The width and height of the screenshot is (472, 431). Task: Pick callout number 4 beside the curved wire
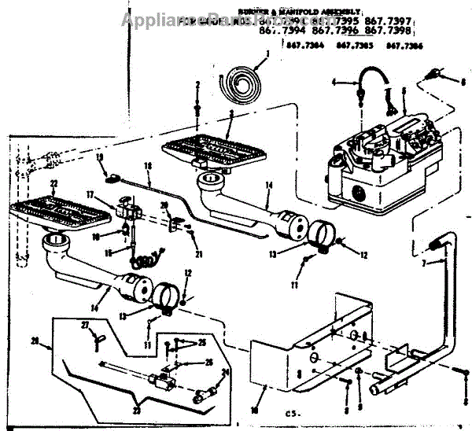[x=334, y=82]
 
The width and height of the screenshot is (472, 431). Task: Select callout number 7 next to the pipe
[x=422, y=262]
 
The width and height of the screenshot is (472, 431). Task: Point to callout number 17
[x=90, y=194]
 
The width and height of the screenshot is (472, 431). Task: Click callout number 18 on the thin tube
[x=147, y=166]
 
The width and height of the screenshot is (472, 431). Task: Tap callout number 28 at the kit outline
[x=33, y=341]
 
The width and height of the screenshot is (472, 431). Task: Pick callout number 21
[x=200, y=254]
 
